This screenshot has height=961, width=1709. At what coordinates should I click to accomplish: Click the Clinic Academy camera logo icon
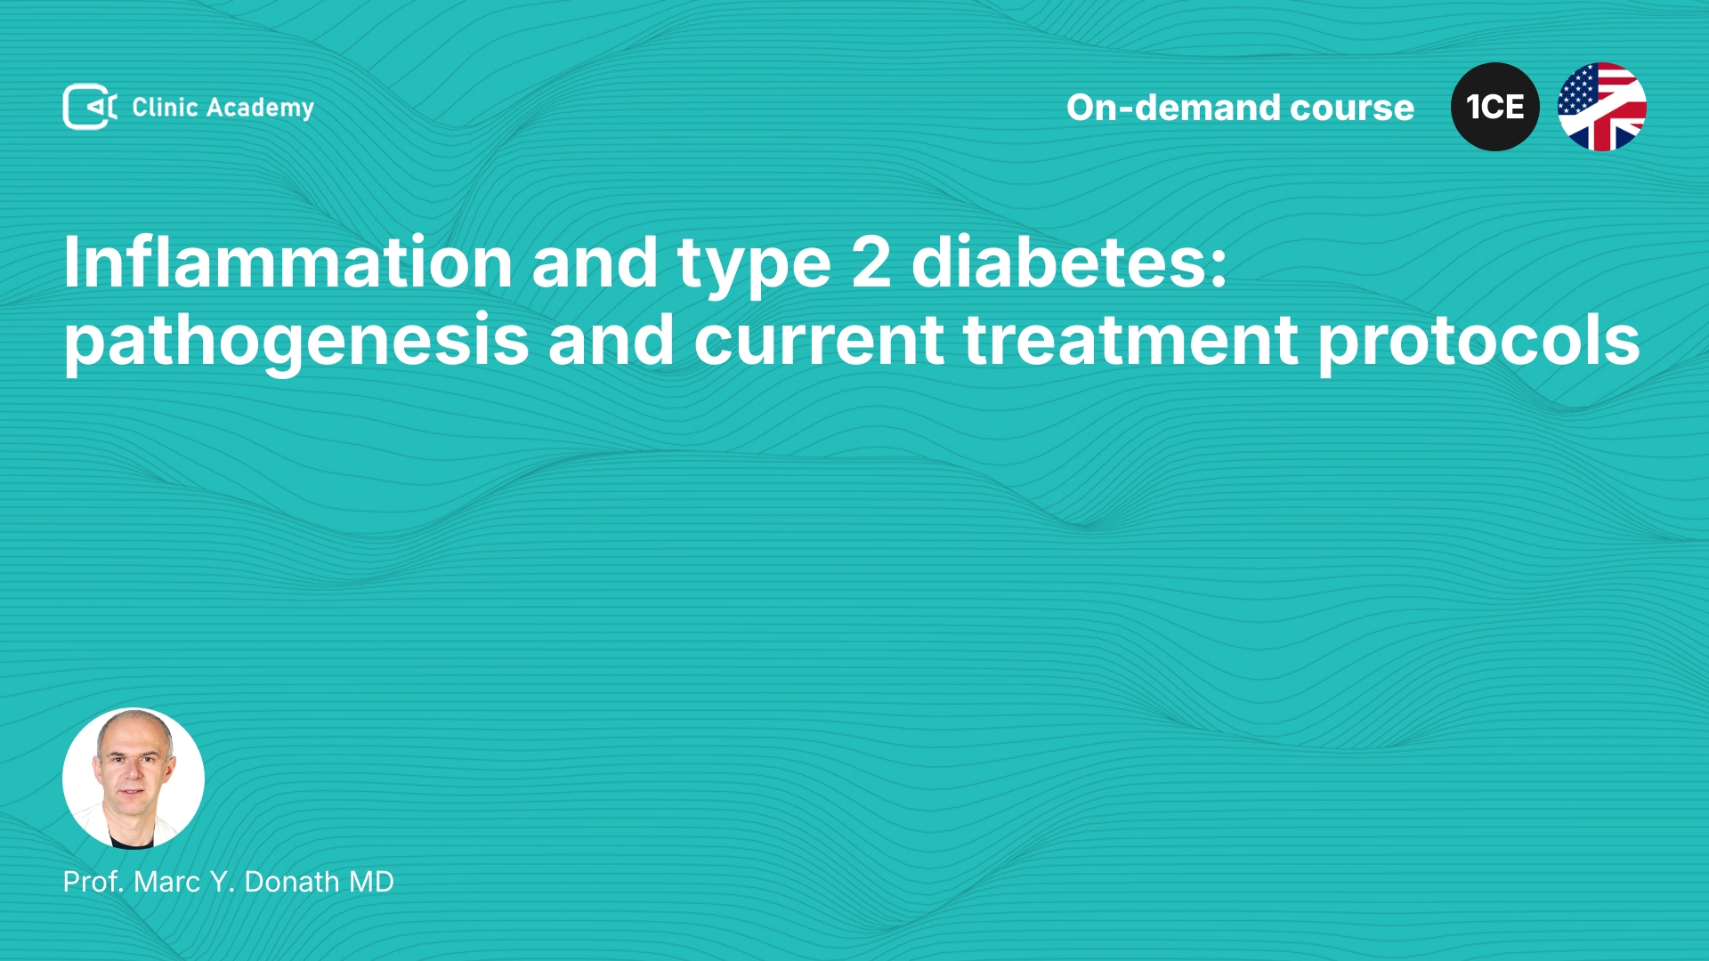[90, 107]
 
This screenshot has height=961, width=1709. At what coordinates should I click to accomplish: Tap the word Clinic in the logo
[165, 107]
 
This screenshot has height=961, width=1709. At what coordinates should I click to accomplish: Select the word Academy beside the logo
[260, 109]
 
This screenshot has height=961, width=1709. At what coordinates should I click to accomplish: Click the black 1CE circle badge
[1495, 107]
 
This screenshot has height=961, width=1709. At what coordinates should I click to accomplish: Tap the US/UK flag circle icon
[1602, 107]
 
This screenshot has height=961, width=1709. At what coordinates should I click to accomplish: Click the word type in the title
[754, 268]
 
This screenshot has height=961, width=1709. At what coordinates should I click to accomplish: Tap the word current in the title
[819, 341]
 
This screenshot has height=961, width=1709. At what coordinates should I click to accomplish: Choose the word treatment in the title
[1130, 341]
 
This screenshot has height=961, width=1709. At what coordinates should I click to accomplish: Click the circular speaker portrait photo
[134, 779]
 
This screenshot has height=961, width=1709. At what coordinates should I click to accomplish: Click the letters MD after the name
[371, 882]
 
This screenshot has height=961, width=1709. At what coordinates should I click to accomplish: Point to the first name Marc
[167, 882]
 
